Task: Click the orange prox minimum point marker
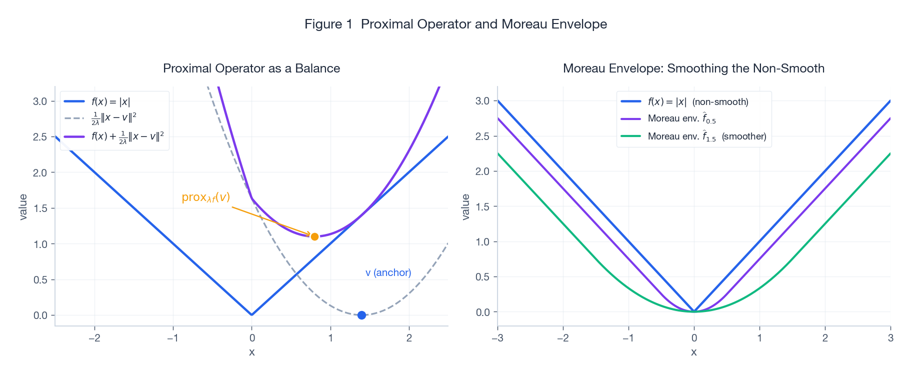click(x=314, y=236)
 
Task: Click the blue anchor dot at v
click(x=361, y=315)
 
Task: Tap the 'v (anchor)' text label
click(x=388, y=272)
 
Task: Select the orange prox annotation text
click(x=205, y=197)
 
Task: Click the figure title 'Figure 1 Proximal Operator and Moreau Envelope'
click(x=455, y=24)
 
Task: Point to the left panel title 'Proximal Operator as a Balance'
click(x=251, y=68)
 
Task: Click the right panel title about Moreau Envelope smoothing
click(x=693, y=68)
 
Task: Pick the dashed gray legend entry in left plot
click(x=113, y=118)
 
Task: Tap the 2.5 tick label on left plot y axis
click(x=40, y=137)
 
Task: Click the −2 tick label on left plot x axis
click(x=94, y=338)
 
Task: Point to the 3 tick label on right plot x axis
click(x=890, y=338)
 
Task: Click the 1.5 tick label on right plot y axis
click(x=482, y=206)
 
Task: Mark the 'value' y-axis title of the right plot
click(x=465, y=207)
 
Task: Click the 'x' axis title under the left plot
click(x=251, y=352)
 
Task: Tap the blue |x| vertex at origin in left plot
click(x=251, y=314)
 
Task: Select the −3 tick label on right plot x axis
click(x=497, y=338)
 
